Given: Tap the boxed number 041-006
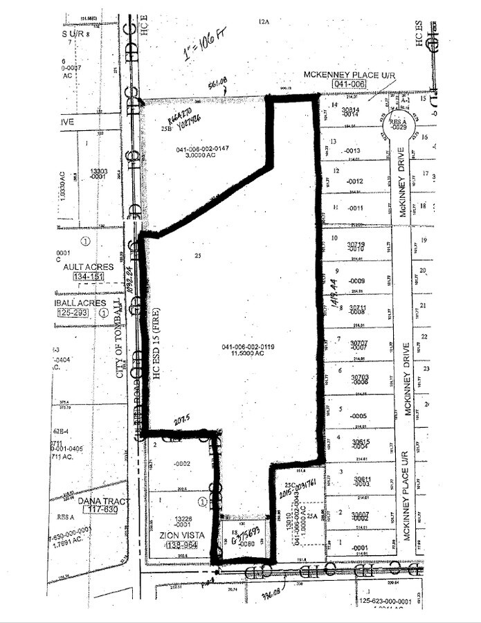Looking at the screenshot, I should [347, 84].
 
